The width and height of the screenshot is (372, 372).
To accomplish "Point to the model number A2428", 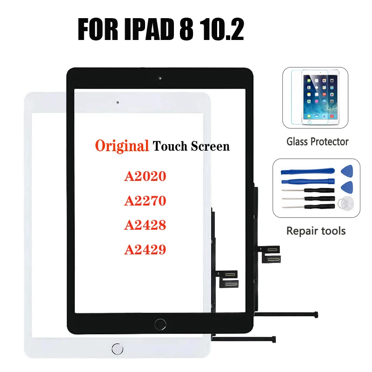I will click(x=145, y=226).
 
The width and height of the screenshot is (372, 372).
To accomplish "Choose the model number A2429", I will click(x=145, y=250).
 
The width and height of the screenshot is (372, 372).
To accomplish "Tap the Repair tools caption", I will click(x=316, y=231).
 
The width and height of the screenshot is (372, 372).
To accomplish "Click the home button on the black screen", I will click(x=162, y=323).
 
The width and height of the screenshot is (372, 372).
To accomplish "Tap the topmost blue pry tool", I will click(x=307, y=170).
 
